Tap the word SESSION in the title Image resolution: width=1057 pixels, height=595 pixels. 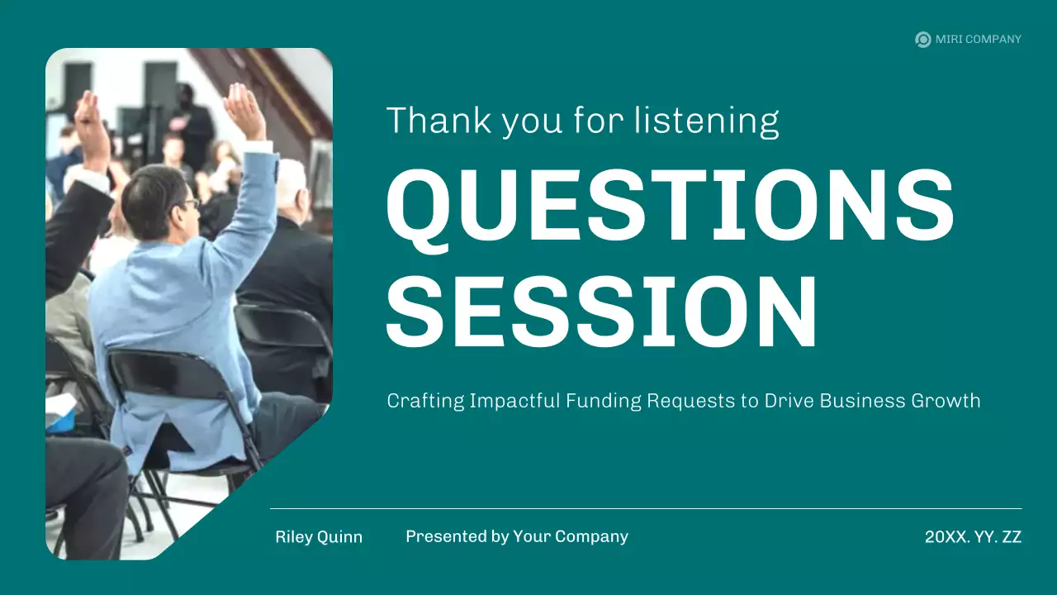tap(601, 312)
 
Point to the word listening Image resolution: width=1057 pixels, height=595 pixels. tap(706, 121)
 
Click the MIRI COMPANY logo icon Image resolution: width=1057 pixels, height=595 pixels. tap(922, 39)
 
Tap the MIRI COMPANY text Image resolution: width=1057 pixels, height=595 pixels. tap(978, 39)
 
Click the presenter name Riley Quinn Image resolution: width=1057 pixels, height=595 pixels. tap(319, 537)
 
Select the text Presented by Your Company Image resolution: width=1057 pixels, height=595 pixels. tap(517, 537)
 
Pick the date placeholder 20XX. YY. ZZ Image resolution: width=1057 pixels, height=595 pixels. tap(973, 537)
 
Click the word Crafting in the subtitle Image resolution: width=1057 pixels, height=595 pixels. tap(425, 402)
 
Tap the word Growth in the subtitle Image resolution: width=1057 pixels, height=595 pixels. tap(945, 402)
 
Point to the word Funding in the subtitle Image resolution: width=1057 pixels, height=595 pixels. tap(603, 402)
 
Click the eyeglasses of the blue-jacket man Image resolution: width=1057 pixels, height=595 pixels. tap(191, 202)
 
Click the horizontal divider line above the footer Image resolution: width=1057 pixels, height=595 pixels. tap(645, 508)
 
